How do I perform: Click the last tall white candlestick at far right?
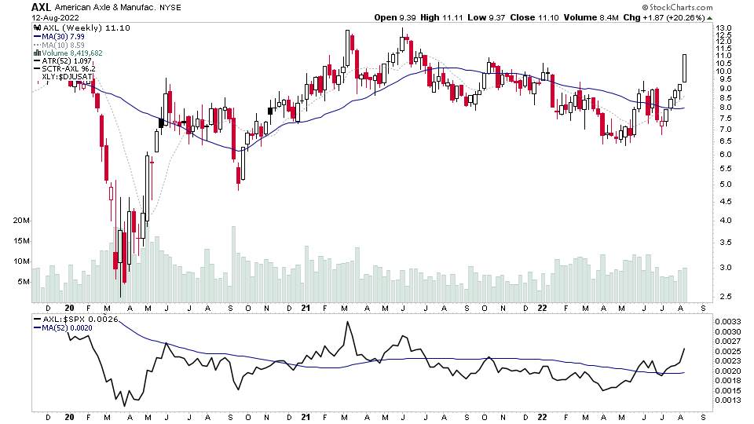[x=686, y=68]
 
